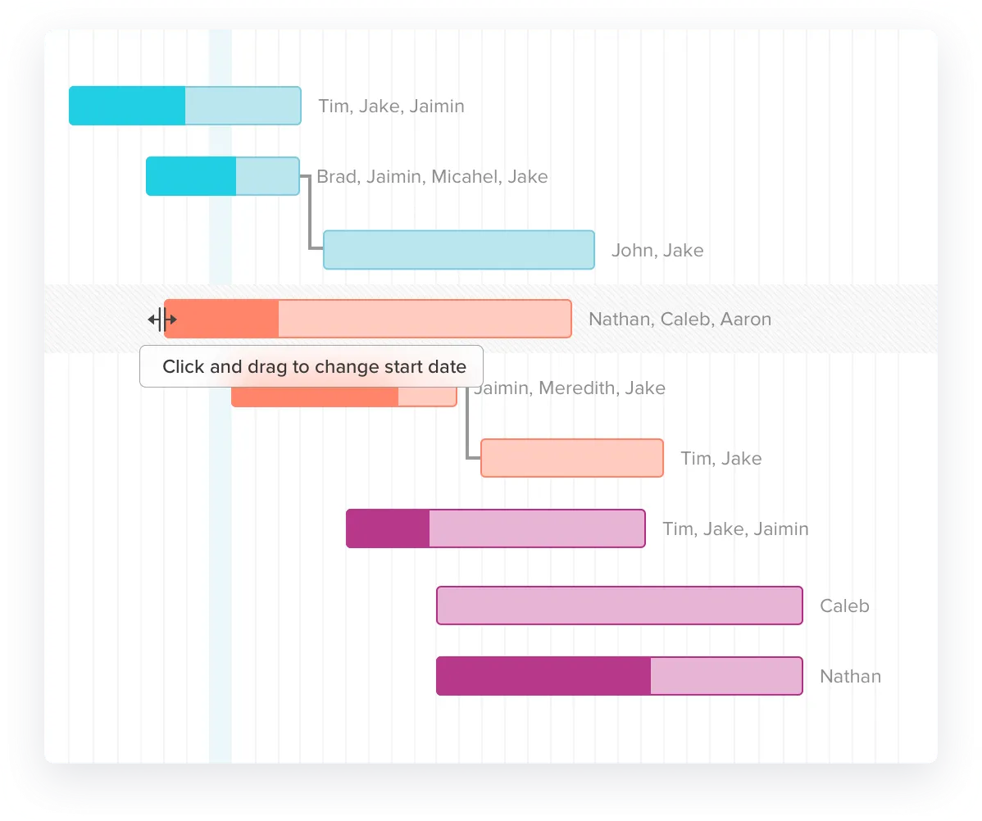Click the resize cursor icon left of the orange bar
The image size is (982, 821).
(162, 320)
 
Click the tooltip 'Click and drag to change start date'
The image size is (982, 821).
(311, 366)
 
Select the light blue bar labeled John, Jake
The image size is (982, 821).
(459, 250)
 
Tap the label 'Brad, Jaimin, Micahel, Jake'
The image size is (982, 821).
(432, 177)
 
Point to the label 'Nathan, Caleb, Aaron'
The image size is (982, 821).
(680, 320)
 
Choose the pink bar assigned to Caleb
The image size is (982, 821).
(620, 606)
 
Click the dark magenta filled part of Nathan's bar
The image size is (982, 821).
(543, 676)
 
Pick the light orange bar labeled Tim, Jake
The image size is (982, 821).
(572, 458)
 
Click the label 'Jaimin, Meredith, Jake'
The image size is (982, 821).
(570, 388)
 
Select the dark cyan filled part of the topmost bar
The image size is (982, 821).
(127, 106)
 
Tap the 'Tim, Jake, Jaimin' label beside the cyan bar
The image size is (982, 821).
(392, 107)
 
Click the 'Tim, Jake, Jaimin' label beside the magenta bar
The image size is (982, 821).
(736, 529)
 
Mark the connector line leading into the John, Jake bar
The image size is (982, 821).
(309, 212)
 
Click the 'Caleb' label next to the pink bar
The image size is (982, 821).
(845, 606)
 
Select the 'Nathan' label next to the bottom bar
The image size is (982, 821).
(851, 676)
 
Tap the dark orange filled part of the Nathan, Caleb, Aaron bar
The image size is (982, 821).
(221, 319)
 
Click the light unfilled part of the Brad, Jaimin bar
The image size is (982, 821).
(268, 176)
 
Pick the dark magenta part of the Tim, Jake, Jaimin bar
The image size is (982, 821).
(388, 528)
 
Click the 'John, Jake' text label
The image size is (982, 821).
(657, 251)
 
